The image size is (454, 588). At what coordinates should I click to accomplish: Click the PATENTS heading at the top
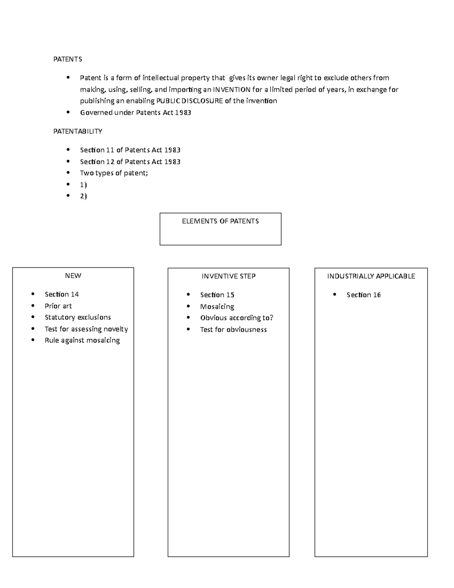(67, 59)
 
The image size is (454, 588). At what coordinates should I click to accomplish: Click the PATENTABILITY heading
(78, 131)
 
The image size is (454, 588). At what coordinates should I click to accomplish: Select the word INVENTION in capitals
(232, 90)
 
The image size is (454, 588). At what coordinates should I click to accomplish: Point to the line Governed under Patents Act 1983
(135, 112)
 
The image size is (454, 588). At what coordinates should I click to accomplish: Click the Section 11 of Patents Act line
(130, 150)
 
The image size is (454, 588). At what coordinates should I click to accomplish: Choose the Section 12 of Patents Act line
(130, 162)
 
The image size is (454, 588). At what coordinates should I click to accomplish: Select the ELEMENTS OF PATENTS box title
(220, 221)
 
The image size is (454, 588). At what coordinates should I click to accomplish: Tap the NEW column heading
(73, 276)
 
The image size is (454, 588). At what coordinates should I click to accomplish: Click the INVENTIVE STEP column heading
(229, 276)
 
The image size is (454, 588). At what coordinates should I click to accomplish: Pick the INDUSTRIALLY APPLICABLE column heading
(371, 276)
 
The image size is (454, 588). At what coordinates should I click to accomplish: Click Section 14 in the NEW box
(62, 294)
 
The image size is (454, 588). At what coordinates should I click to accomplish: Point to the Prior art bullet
(58, 306)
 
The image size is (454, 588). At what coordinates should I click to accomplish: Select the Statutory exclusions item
(78, 317)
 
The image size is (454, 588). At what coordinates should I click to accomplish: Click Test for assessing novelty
(86, 329)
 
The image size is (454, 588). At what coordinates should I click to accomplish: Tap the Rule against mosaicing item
(82, 340)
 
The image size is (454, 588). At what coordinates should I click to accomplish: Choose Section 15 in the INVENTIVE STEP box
(217, 295)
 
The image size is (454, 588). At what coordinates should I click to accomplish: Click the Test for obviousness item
(233, 329)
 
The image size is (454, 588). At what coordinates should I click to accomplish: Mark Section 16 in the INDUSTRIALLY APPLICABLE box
(364, 295)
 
